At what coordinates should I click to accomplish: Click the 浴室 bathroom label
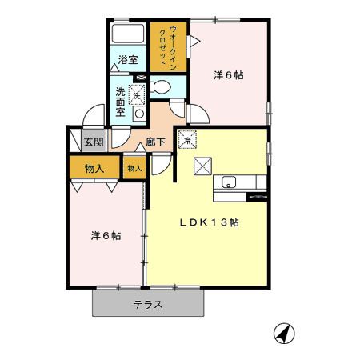[128, 60]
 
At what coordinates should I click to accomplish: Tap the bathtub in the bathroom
[128, 34]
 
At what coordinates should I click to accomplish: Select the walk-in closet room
[168, 46]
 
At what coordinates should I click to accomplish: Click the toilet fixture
[161, 87]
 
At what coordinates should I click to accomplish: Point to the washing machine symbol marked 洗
[137, 94]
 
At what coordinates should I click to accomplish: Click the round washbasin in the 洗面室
[139, 114]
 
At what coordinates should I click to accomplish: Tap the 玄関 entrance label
[94, 142]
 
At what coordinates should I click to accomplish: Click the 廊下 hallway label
[156, 142]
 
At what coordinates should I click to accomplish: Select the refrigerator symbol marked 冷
[188, 139]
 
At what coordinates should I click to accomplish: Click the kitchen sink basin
[229, 182]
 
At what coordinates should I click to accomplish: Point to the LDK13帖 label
[209, 222]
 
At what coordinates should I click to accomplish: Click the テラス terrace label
[148, 304]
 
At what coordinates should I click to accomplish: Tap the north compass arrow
[284, 334]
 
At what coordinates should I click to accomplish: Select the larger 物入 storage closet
[94, 167]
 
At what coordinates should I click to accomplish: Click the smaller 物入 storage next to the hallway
[134, 167]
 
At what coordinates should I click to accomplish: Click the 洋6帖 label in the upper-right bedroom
[229, 75]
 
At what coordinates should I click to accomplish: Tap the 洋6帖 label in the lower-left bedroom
[106, 236]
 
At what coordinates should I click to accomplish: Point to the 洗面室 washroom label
[120, 102]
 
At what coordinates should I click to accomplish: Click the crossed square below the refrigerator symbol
[202, 166]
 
